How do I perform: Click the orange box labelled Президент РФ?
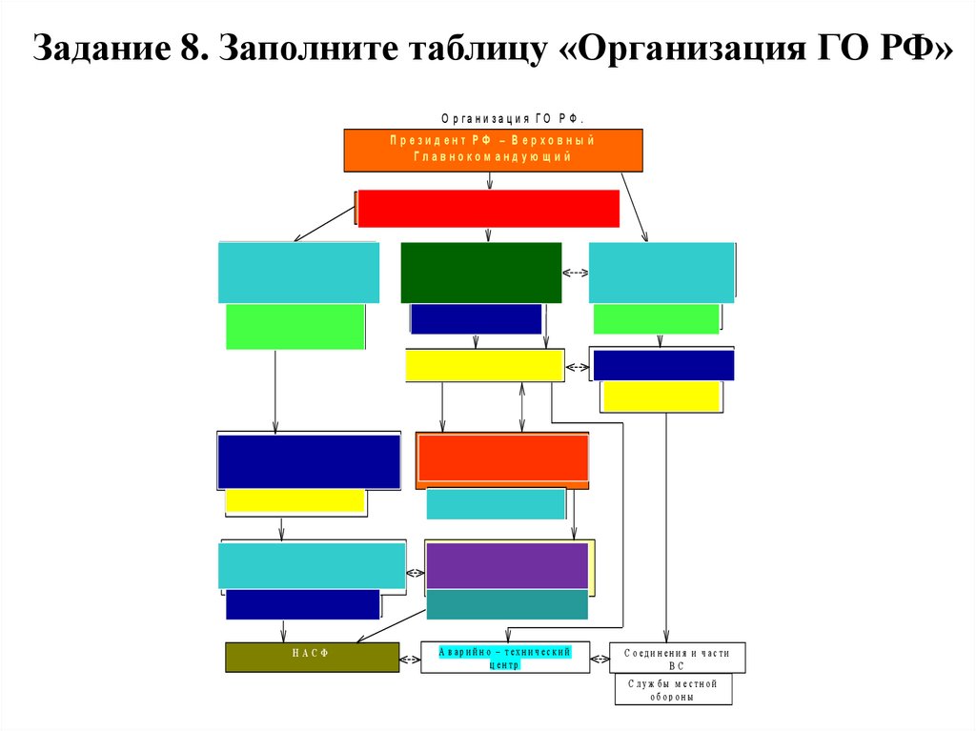coord(493,150)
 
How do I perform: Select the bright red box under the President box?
coord(488,209)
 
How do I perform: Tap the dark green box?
coord(480,273)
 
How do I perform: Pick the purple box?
coord(506,566)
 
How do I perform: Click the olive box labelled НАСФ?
coord(312,657)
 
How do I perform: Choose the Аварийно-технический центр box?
coord(504,658)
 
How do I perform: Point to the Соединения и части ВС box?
coord(677,658)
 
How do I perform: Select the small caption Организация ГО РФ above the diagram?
coord(511,118)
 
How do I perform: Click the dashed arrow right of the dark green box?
coord(576,273)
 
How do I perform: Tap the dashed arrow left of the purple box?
coord(416,573)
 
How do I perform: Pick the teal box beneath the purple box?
coord(506,604)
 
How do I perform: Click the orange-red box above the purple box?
coord(501,457)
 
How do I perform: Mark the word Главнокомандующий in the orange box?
coord(493,157)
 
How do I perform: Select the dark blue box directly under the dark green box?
coord(476,318)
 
